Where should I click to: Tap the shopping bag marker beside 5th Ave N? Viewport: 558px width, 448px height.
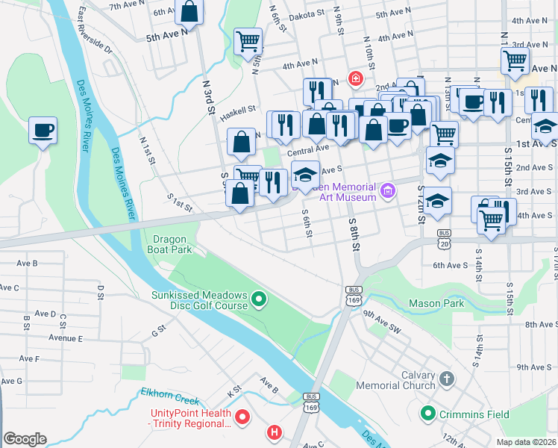click(x=190, y=13)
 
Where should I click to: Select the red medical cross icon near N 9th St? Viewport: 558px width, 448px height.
click(x=356, y=78)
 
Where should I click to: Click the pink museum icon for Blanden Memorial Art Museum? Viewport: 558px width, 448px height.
click(x=386, y=192)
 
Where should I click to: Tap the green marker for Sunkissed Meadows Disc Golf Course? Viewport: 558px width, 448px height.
click(x=259, y=300)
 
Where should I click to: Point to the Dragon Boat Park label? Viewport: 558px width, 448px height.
click(x=172, y=244)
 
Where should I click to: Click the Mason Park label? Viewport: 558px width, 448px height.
click(x=436, y=303)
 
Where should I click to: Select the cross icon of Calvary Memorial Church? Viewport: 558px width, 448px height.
click(x=446, y=379)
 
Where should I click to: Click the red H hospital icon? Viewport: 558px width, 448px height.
click(x=275, y=432)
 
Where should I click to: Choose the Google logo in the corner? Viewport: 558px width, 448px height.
click(x=25, y=438)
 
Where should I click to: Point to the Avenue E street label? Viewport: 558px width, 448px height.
click(x=66, y=338)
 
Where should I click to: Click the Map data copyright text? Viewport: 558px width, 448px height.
click(x=526, y=441)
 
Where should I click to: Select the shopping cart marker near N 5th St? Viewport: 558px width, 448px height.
click(x=248, y=42)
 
